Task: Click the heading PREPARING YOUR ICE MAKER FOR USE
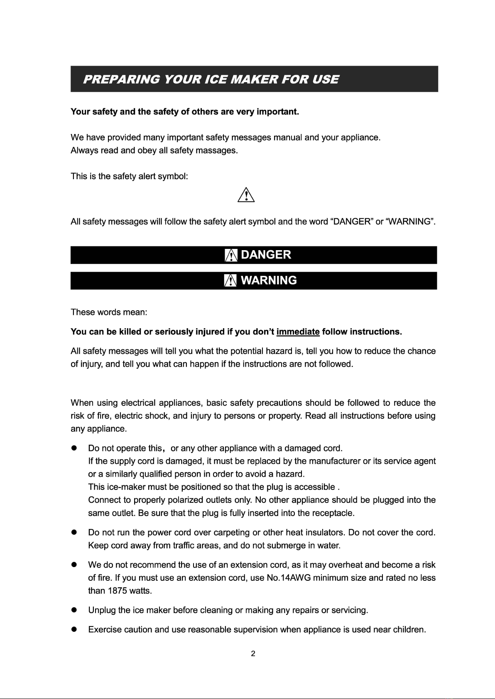(x=211, y=79)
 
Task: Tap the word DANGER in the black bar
(x=266, y=255)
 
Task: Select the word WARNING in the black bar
(x=269, y=280)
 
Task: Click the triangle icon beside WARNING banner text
(x=230, y=281)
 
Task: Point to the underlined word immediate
(x=298, y=332)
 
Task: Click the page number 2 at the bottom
(x=253, y=654)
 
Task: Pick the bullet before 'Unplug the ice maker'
(x=75, y=610)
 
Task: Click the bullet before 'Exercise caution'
(x=75, y=630)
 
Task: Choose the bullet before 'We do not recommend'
(x=75, y=565)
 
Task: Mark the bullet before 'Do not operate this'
(x=75, y=448)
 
